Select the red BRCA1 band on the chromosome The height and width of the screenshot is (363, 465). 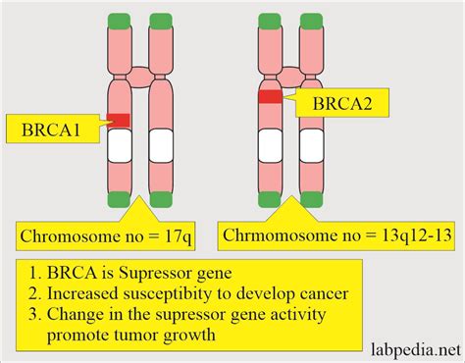point(119,120)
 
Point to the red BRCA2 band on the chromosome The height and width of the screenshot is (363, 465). point(269,96)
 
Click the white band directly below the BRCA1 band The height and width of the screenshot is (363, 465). point(119,148)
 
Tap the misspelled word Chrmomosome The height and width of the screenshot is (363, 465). point(278,235)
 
